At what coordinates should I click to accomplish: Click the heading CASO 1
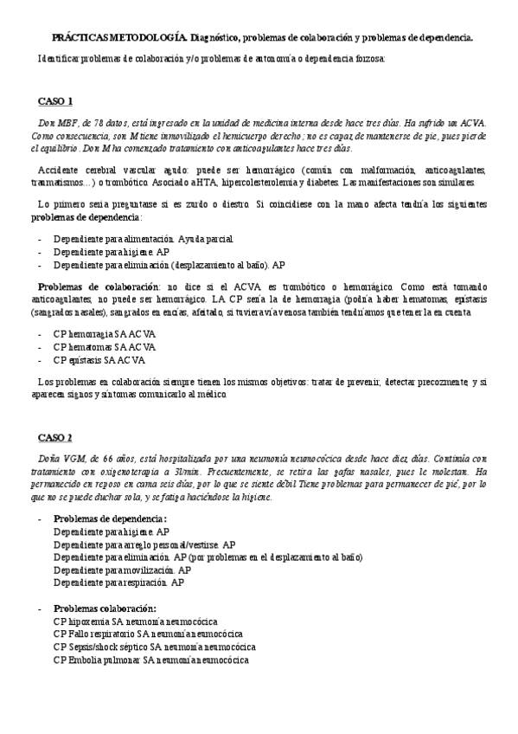55,100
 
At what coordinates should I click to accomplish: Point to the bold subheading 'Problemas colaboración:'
104,608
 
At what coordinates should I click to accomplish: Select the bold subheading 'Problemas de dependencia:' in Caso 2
110,518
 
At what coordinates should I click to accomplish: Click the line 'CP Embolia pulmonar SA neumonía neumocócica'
150,660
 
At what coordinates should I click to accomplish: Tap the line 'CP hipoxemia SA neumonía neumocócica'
135,621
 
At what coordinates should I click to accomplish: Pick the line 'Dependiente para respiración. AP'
118,583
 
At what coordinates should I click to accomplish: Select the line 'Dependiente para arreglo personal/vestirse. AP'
144,544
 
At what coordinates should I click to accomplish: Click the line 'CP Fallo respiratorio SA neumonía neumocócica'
148,634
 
